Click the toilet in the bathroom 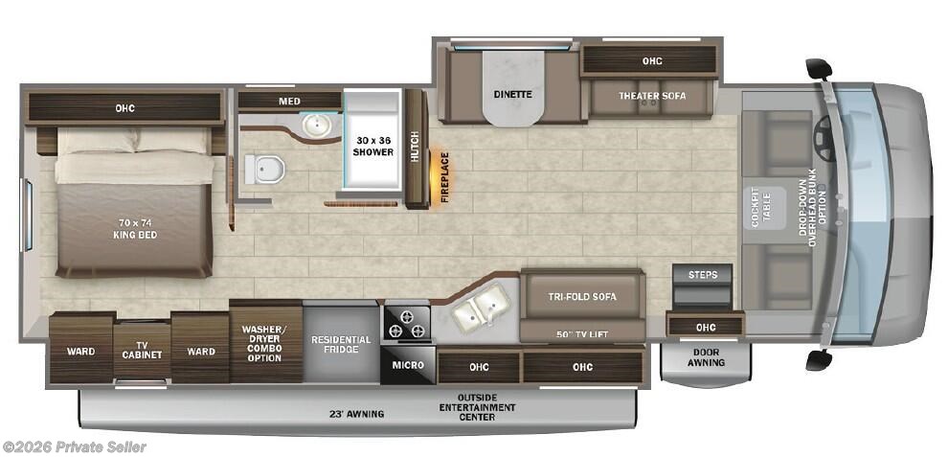point(265,169)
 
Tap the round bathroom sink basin point(314,126)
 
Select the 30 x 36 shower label point(372,145)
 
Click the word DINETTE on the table point(512,95)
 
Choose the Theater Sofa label point(652,96)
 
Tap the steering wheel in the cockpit point(826,138)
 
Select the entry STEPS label point(703,275)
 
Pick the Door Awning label point(706,357)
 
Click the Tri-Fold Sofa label point(582,297)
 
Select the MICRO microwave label point(408,365)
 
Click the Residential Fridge point(341,344)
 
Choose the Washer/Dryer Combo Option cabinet point(265,344)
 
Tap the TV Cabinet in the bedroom point(142,351)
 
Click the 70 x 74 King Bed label point(135,229)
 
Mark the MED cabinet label point(289,102)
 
